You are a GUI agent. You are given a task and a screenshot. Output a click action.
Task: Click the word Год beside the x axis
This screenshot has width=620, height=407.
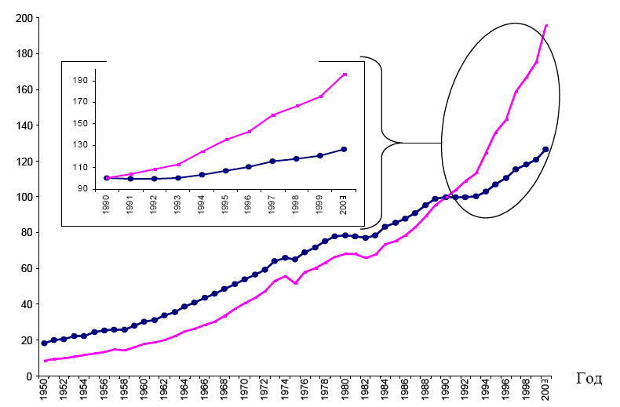589,379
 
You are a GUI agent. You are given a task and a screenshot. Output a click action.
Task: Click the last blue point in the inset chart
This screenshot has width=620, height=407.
344,149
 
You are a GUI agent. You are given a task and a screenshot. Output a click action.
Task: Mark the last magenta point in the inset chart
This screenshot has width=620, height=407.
344,74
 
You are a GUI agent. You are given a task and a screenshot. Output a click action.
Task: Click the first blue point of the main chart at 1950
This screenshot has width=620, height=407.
44,343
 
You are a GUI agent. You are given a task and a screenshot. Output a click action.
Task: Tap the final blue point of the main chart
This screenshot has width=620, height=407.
545,149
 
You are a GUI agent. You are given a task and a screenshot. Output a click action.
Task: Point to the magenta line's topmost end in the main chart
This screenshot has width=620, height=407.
546,25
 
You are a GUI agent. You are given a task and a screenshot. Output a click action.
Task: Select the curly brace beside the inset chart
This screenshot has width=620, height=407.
381,143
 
